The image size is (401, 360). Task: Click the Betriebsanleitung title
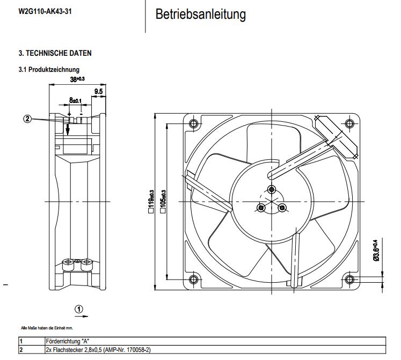(201, 14)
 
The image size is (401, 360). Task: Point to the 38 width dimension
(77, 79)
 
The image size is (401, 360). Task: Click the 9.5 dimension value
(99, 92)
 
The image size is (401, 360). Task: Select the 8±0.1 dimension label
(75, 100)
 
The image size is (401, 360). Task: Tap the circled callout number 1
(79, 309)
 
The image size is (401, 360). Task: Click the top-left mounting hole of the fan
(194, 124)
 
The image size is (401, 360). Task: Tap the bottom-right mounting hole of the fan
(350, 278)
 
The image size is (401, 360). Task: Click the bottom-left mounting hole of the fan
(194, 278)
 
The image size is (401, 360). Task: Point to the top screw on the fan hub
(272, 189)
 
